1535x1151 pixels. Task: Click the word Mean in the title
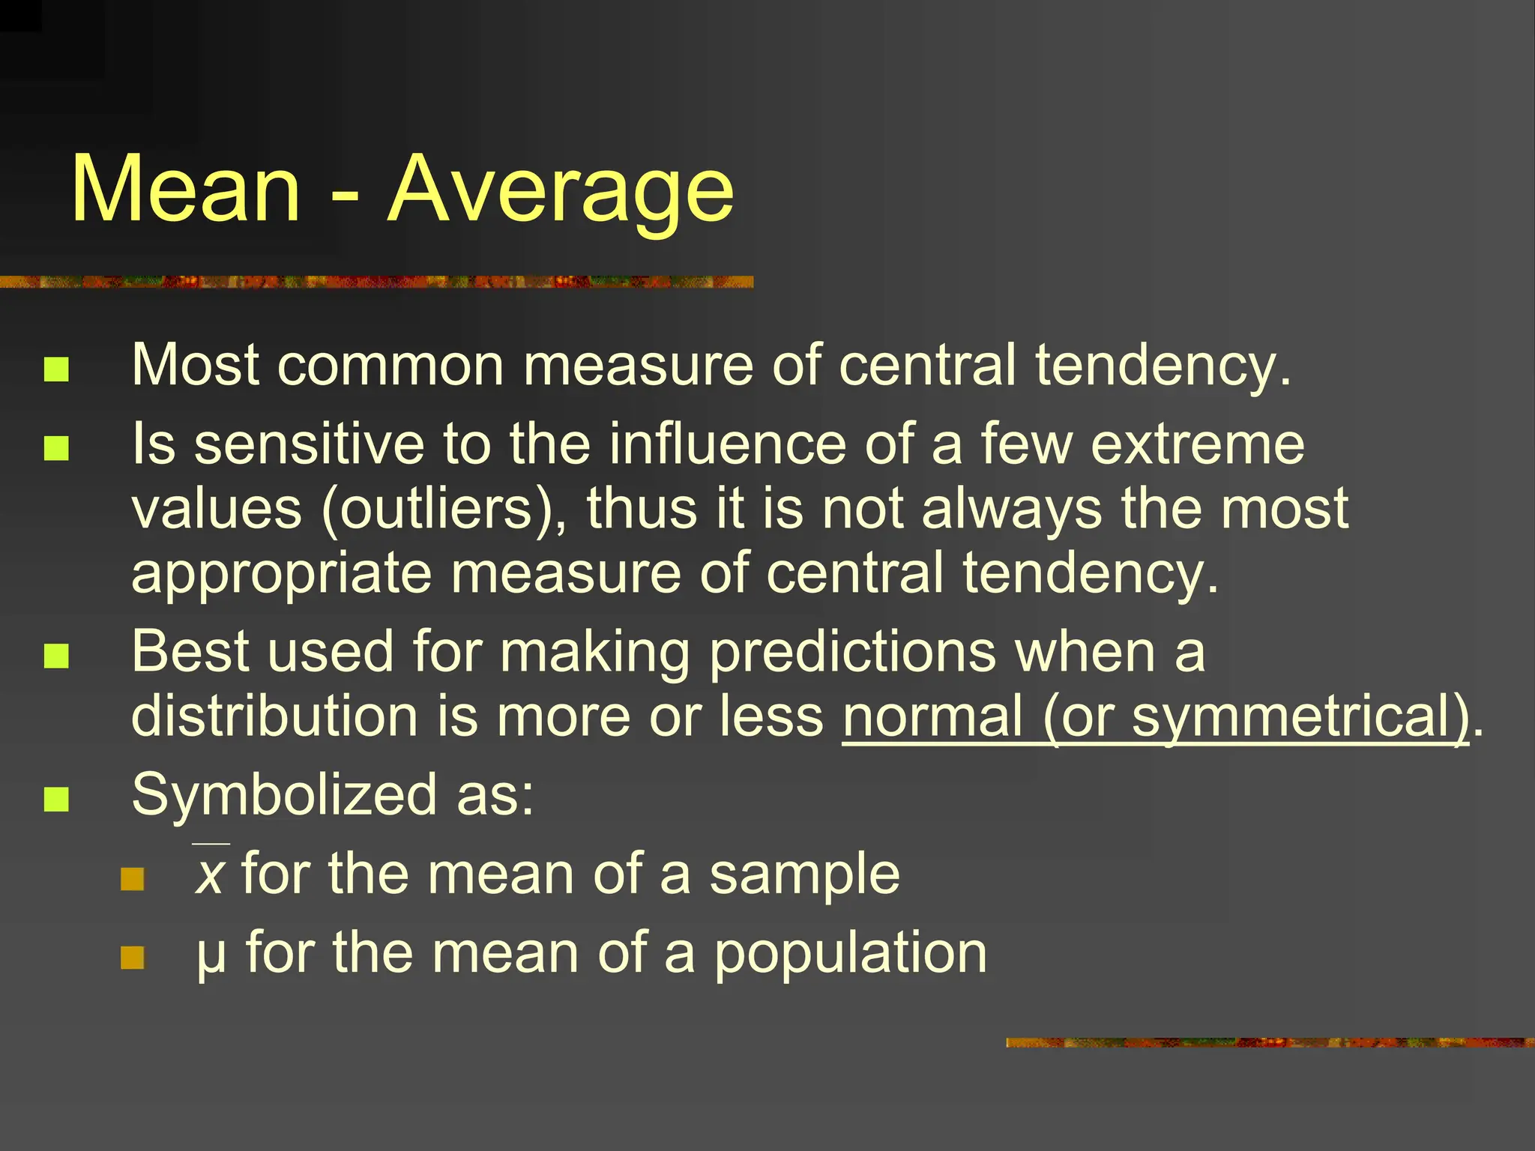point(186,189)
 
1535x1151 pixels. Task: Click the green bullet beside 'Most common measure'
point(56,369)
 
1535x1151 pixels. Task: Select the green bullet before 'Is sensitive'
point(56,448)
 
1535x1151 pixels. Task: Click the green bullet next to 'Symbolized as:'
point(56,799)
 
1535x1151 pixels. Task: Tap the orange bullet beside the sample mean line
point(133,879)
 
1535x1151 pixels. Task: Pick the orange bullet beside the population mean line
point(133,957)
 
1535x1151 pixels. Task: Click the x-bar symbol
point(210,874)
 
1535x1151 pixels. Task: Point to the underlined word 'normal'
point(932,716)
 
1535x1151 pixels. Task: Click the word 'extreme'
point(1197,445)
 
